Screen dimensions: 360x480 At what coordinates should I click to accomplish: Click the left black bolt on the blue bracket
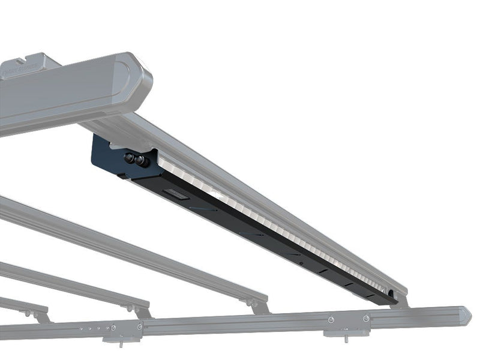[128, 159]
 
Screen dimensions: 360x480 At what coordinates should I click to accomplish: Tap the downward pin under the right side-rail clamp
[347, 337]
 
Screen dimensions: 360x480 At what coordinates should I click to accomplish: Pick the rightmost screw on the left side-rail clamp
[139, 327]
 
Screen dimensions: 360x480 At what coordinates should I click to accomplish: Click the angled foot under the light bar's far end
[400, 302]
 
